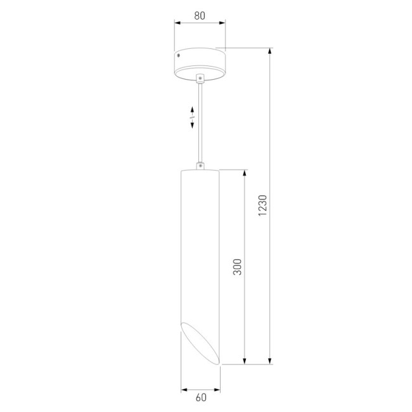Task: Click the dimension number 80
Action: click(x=200, y=16)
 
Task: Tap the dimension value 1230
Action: click(x=262, y=205)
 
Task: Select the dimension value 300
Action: click(x=237, y=267)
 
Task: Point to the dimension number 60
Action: click(x=201, y=397)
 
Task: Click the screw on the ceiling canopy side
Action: click(x=178, y=55)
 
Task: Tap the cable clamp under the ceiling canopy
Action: click(x=200, y=78)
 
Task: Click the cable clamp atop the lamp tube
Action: click(x=200, y=166)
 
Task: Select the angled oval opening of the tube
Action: click(x=200, y=343)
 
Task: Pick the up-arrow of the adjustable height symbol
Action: click(x=192, y=110)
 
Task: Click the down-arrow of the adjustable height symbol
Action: click(x=192, y=124)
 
